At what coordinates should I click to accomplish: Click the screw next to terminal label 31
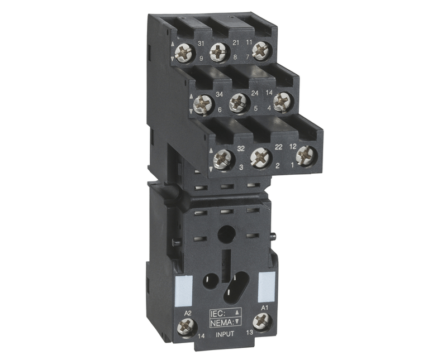coord(185,52)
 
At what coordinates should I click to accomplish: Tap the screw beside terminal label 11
coord(262,51)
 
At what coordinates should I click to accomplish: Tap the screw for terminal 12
coord(307,156)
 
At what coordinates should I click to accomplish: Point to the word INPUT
coord(225,334)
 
